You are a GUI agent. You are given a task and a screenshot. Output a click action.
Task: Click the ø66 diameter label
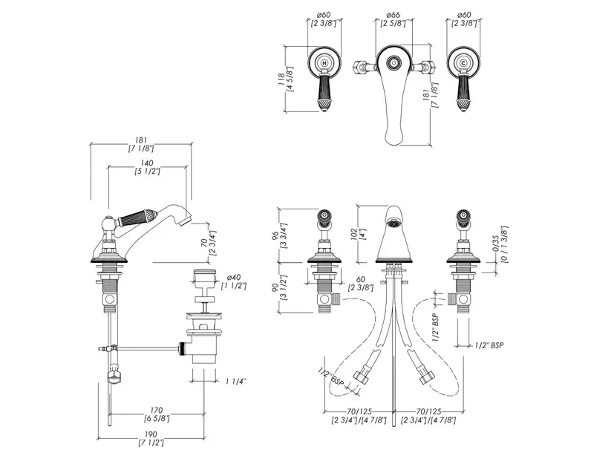[394, 15]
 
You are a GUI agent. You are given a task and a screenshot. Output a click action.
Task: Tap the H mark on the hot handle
[324, 65]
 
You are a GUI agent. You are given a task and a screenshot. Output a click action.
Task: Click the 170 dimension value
[156, 409]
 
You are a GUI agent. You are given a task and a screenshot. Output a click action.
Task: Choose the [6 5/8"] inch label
[156, 419]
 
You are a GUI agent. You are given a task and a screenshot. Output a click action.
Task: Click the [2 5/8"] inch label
[394, 25]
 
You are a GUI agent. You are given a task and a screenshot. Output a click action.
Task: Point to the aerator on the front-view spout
[394, 217]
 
